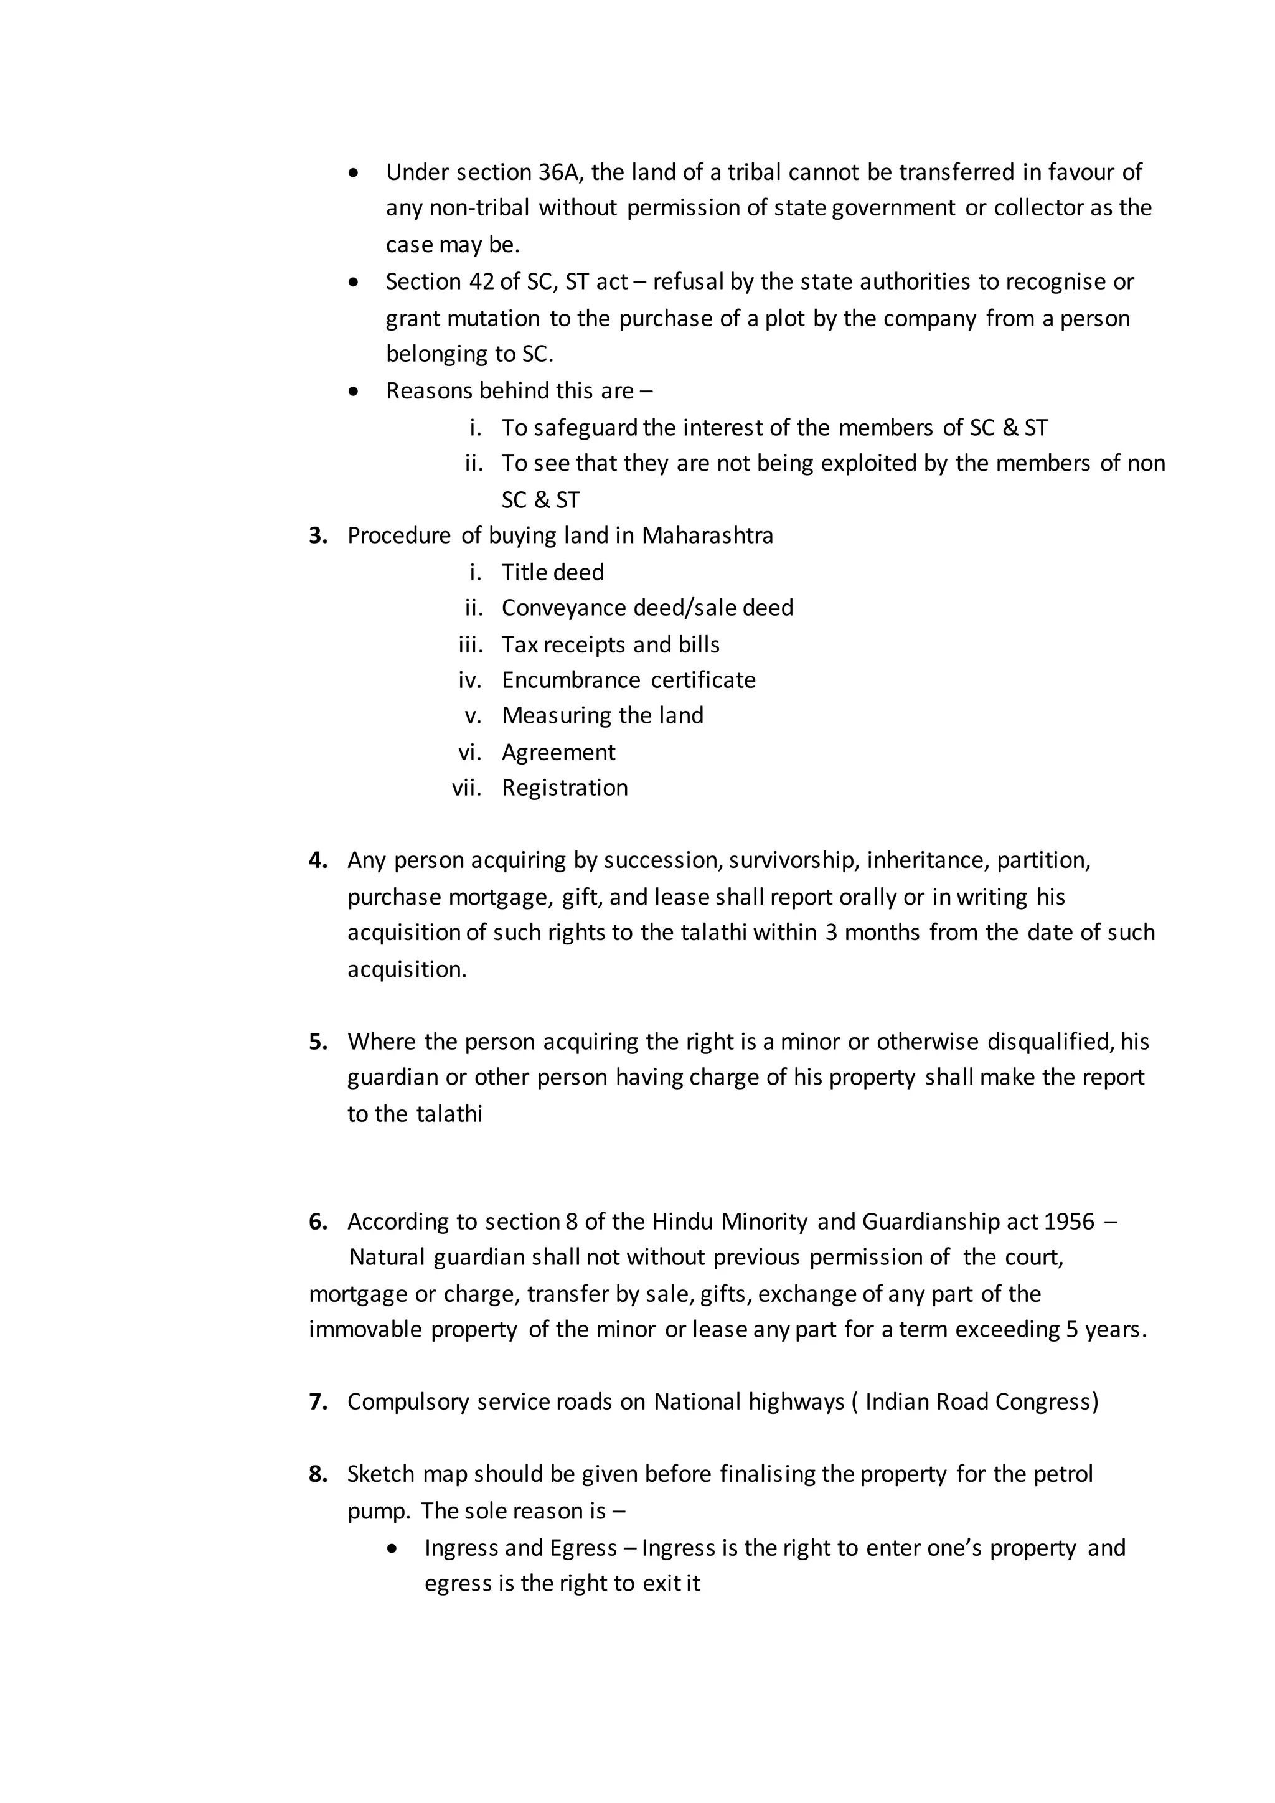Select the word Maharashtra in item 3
click(707, 535)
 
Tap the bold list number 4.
click(318, 860)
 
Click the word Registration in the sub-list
click(565, 788)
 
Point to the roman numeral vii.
click(467, 788)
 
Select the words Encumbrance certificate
click(628, 680)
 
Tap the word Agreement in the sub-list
click(558, 752)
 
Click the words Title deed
click(553, 573)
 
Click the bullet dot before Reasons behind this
click(354, 391)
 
